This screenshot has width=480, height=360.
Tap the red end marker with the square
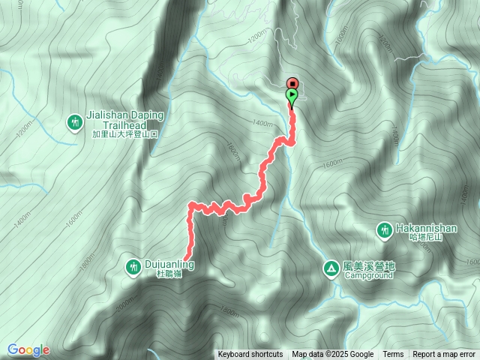click(292, 83)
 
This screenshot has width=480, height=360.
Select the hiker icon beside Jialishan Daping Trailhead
click(74, 121)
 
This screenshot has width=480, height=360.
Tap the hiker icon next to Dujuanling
click(133, 266)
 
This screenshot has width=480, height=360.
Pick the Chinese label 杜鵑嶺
click(170, 274)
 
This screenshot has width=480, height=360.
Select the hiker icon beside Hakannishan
click(384, 229)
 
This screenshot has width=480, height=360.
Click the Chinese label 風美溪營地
click(368, 265)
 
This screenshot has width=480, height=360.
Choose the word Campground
click(369, 275)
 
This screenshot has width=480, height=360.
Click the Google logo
click(28, 349)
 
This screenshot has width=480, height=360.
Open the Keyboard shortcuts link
click(250, 355)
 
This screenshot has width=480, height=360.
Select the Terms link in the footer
click(393, 355)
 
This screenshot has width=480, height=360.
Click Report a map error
click(444, 355)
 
